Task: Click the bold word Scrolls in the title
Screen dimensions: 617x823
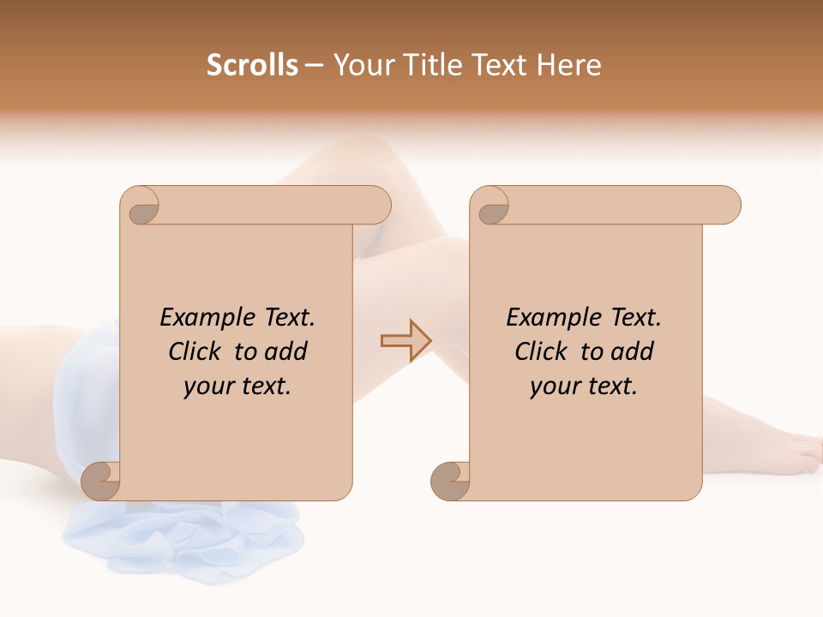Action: click(252, 65)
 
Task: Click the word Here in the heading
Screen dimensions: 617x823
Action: click(568, 65)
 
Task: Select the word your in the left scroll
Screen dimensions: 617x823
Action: click(207, 386)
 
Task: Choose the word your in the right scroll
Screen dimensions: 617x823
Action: click(553, 386)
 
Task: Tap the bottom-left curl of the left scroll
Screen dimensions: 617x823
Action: click(101, 481)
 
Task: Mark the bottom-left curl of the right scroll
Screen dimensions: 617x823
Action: click(449, 481)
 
